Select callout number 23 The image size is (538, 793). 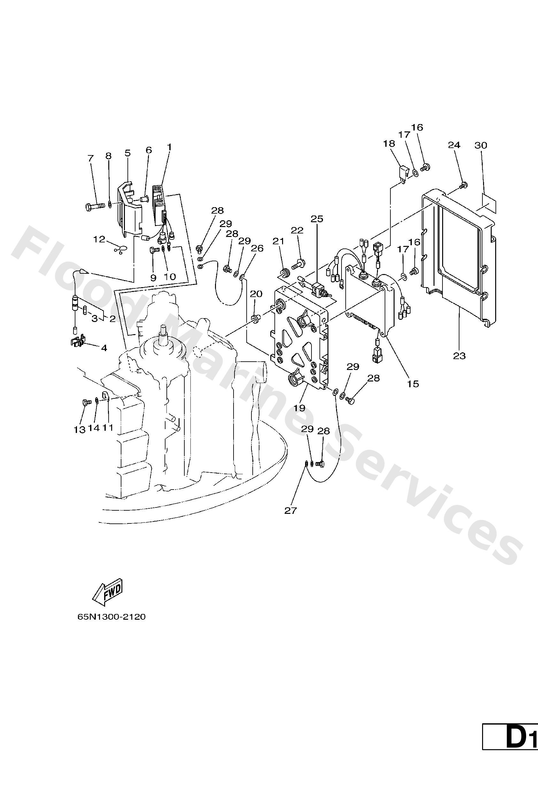459,356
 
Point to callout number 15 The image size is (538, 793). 413,384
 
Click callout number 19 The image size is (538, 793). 300,408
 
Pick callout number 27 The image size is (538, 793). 291,520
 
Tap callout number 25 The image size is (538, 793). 317,219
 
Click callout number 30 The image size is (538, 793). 481,145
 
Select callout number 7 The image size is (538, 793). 90,158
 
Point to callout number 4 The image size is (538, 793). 104,348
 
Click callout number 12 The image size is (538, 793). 99,239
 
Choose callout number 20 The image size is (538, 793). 257,294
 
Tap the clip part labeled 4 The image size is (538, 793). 78,342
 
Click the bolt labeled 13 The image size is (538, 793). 87,402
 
